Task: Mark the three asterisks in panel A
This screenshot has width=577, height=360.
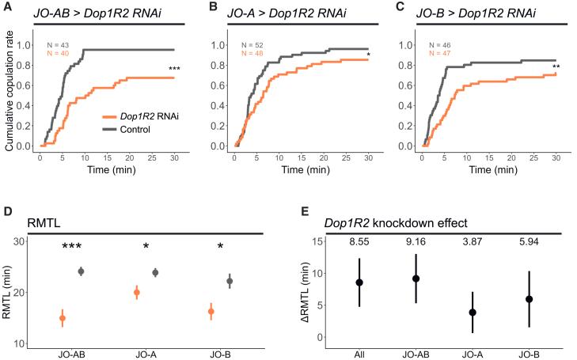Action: [x=174, y=70]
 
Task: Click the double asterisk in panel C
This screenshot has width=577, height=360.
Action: [x=556, y=66]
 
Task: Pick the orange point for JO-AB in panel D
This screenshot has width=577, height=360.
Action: [x=63, y=318]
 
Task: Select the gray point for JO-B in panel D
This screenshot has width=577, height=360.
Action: [x=230, y=281]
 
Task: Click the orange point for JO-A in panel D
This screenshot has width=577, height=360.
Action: [x=137, y=293]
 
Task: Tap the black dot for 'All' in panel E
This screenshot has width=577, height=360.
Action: [x=359, y=282]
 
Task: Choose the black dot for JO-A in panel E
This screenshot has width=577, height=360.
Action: [x=473, y=312]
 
